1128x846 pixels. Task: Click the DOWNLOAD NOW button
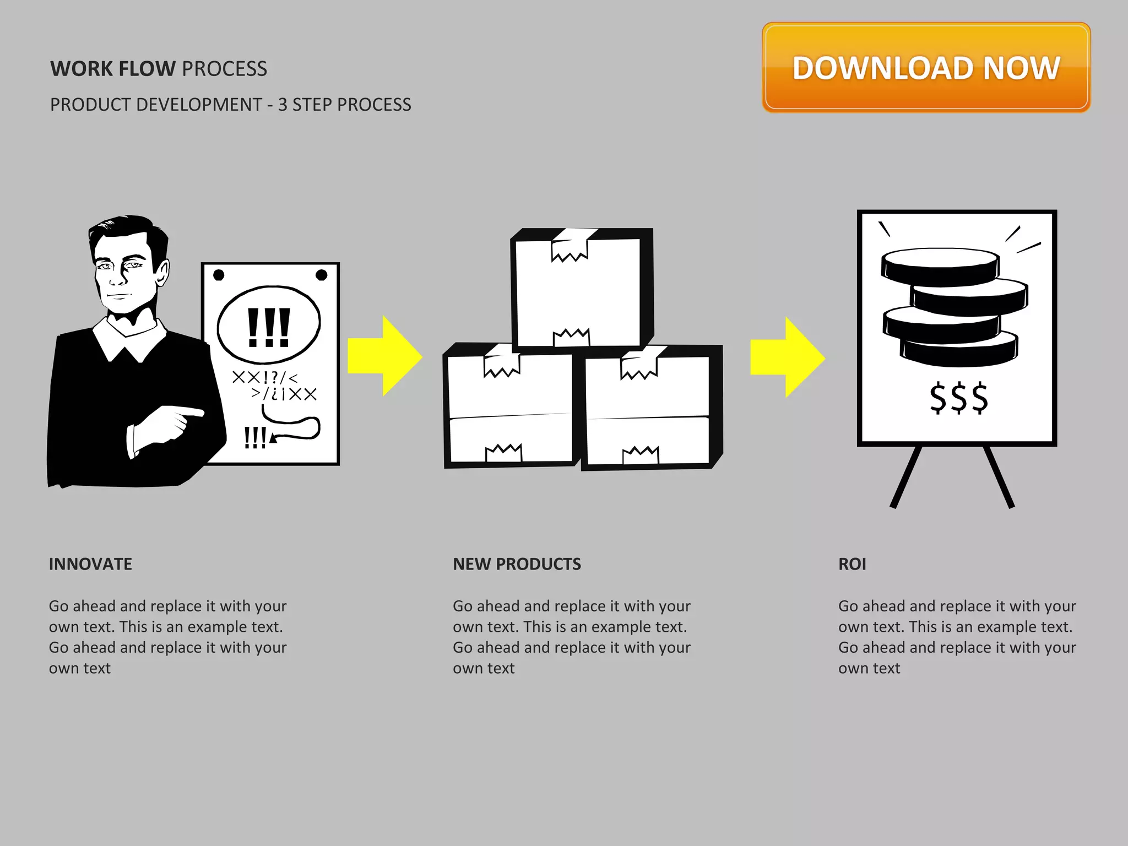[x=926, y=68]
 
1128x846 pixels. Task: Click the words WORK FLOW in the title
[x=113, y=69]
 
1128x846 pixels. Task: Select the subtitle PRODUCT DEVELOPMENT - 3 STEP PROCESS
[x=230, y=105]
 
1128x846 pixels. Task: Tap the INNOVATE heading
[x=90, y=564]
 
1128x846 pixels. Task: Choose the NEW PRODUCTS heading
[x=517, y=564]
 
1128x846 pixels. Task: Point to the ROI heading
[x=852, y=564]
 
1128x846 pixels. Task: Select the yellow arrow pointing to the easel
[x=788, y=357]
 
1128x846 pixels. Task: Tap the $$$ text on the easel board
[x=959, y=398]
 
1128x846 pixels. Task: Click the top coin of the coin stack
[x=940, y=264]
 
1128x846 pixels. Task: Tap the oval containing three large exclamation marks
[x=269, y=325]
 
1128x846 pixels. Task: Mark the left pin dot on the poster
[x=219, y=275]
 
